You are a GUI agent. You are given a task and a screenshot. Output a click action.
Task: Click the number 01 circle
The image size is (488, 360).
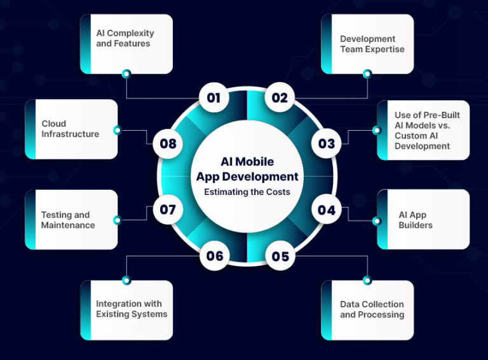[x=213, y=98]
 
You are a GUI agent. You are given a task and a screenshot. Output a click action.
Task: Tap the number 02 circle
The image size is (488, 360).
[x=280, y=98]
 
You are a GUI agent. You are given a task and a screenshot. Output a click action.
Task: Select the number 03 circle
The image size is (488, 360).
[x=326, y=143]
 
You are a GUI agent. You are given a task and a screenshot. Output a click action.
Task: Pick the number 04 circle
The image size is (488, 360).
[x=326, y=210]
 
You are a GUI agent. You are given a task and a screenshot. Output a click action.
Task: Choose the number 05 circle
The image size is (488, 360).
[x=280, y=256]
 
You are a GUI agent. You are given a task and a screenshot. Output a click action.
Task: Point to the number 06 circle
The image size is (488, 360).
[x=214, y=256]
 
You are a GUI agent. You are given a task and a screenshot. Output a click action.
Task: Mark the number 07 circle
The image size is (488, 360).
[x=168, y=210]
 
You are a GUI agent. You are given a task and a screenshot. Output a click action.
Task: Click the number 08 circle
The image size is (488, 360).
[x=168, y=143]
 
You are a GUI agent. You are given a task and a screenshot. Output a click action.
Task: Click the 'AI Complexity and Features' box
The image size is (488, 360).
[x=126, y=44]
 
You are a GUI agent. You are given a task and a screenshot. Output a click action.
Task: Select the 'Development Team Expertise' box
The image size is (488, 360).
[x=367, y=44]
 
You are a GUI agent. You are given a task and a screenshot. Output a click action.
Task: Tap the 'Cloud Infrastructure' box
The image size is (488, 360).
[x=71, y=129]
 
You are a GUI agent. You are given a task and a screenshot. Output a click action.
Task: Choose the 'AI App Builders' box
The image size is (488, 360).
[x=423, y=220]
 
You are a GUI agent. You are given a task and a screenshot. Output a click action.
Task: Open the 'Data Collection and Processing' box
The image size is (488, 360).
[x=367, y=310]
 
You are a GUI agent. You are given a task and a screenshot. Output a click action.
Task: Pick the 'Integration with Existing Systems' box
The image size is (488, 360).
[x=126, y=310]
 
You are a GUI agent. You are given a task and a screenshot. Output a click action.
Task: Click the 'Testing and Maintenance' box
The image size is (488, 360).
[x=71, y=220]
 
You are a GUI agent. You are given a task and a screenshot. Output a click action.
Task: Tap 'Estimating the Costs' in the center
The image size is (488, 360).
[x=247, y=191]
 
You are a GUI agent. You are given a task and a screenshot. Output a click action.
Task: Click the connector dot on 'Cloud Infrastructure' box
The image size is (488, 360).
[x=117, y=130]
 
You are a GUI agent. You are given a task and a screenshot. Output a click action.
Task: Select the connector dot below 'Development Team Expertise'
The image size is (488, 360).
[x=367, y=74]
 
